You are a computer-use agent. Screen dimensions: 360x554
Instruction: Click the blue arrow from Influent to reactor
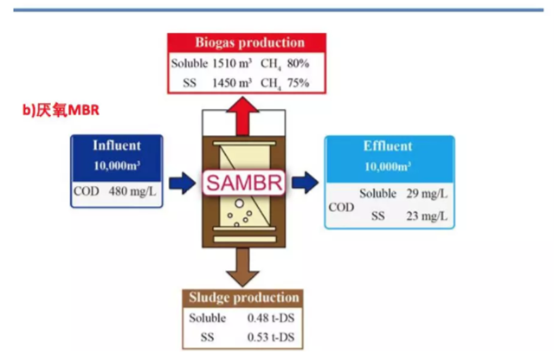[x=181, y=183]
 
